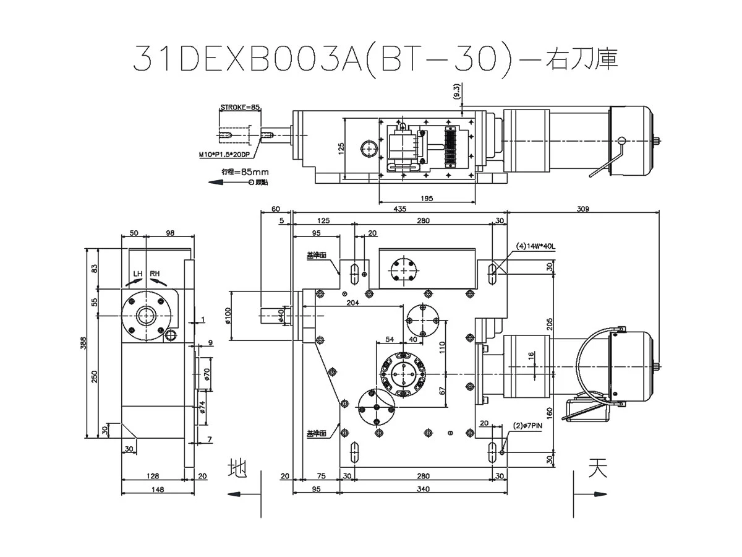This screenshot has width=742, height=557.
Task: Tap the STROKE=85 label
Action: coord(240,108)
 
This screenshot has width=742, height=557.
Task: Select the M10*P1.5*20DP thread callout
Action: coord(226,154)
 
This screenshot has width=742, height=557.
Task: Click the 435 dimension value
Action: coord(399,209)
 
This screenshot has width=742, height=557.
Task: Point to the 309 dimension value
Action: coord(582,209)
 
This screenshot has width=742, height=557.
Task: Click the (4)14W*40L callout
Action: coord(536,246)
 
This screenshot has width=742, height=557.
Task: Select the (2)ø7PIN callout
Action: coord(527,426)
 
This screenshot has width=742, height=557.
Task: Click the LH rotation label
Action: coord(137,274)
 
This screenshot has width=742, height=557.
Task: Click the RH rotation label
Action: coord(155,274)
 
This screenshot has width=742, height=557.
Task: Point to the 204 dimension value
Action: coord(352,303)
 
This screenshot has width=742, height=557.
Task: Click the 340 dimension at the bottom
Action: coord(424,490)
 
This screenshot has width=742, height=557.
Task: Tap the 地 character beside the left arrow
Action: coord(237,467)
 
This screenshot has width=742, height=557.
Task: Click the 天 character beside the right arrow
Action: coord(596,467)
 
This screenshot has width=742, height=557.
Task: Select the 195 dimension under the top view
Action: coord(426,198)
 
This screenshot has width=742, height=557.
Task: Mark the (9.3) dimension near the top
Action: coord(456,92)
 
